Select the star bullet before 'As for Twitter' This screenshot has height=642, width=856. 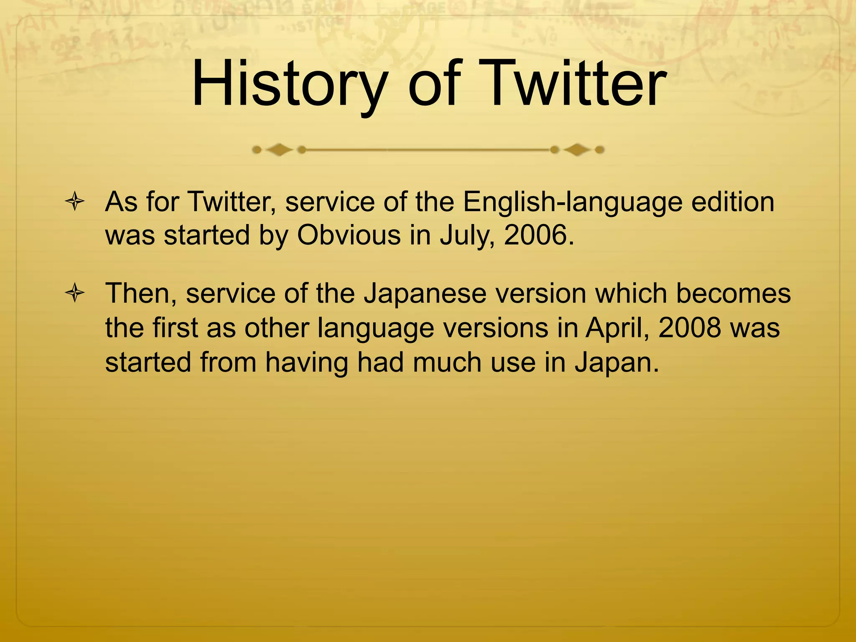click(75, 202)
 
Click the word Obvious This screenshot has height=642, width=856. click(349, 235)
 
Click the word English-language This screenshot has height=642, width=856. click(572, 203)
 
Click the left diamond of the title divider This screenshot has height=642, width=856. click(279, 150)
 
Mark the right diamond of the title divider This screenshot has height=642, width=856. click(577, 150)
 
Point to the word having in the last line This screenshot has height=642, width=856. click(307, 362)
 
